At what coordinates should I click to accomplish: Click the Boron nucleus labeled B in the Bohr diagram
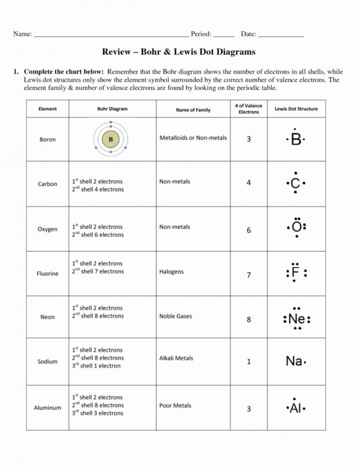point(111,139)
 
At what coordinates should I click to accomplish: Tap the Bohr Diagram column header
point(112,109)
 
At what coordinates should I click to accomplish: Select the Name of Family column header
point(193,110)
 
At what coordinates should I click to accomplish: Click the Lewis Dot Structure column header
point(296,109)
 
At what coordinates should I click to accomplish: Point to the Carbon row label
point(47,184)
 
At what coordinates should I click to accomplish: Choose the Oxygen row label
point(47,230)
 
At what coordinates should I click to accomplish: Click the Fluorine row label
point(47,273)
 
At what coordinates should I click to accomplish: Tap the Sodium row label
point(47,361)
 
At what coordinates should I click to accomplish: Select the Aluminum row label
point(47,408)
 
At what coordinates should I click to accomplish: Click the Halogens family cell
point(171,271)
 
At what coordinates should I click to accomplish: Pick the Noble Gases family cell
point(176,316)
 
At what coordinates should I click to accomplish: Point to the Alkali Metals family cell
point(176,358)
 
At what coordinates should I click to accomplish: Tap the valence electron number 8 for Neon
point(249,319)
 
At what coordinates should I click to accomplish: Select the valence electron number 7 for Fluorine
point(249,275)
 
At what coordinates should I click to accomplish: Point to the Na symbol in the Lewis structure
point(294,361)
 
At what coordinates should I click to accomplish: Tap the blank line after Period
point(224,35)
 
